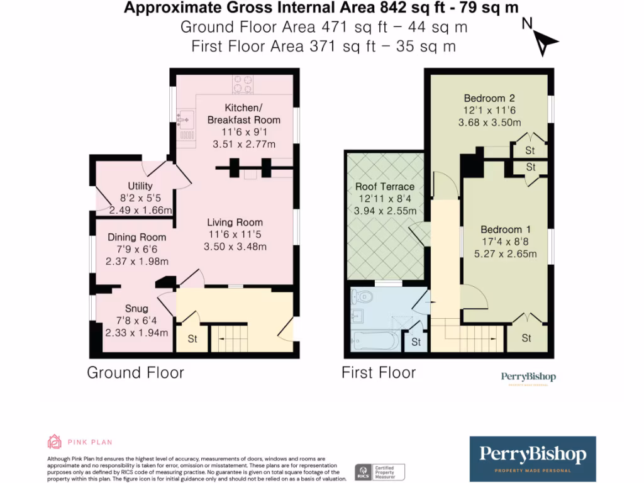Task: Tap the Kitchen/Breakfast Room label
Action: [x=243, y=113]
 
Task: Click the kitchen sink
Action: [x=186, y=118]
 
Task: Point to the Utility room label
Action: [x=140, y=186]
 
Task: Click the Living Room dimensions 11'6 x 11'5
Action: [x=235, y=235]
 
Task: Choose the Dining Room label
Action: [x=136, y=237]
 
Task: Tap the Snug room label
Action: [x=136, y=309]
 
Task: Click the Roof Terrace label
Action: [x=385, y=187]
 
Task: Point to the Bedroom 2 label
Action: [x=489, y=98]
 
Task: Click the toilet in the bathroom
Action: [x=363, y=296]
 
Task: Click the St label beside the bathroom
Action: [x=416, y=342]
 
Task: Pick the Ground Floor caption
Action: [x=135, y=372]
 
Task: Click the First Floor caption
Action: [x=379, y=372]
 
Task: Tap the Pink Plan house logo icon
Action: [x=55, y=441]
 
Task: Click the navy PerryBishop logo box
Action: [x=533, y=458]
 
